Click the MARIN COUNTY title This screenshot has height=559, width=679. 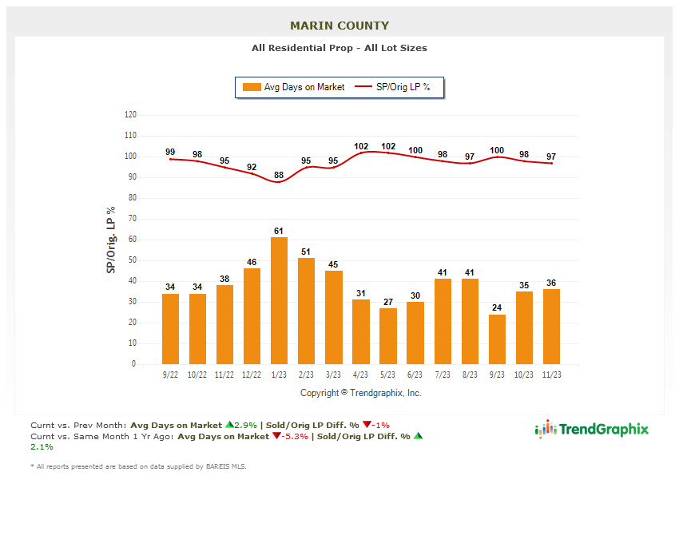(x=339, y=26)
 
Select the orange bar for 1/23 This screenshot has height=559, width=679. (x=279, y=300)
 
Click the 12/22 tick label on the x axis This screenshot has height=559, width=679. (x=252, y=374)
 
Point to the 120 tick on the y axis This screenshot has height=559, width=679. (x=130, y=115)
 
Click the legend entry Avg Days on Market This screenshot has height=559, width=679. (x=296, y=87)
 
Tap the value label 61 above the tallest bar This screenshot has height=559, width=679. (x=279, y=231)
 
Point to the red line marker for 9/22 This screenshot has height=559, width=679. (x=170, y=159)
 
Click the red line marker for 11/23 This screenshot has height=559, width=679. (x=551, y=163)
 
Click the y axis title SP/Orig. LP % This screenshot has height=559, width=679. (x=111, y=240)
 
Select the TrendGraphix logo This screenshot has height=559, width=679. (x=592, y=430)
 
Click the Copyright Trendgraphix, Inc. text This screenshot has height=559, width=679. (x=360, y=393)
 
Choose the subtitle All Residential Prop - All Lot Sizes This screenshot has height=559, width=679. (x=339, y=48)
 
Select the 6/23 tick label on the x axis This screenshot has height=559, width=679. (x=415, y=374)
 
